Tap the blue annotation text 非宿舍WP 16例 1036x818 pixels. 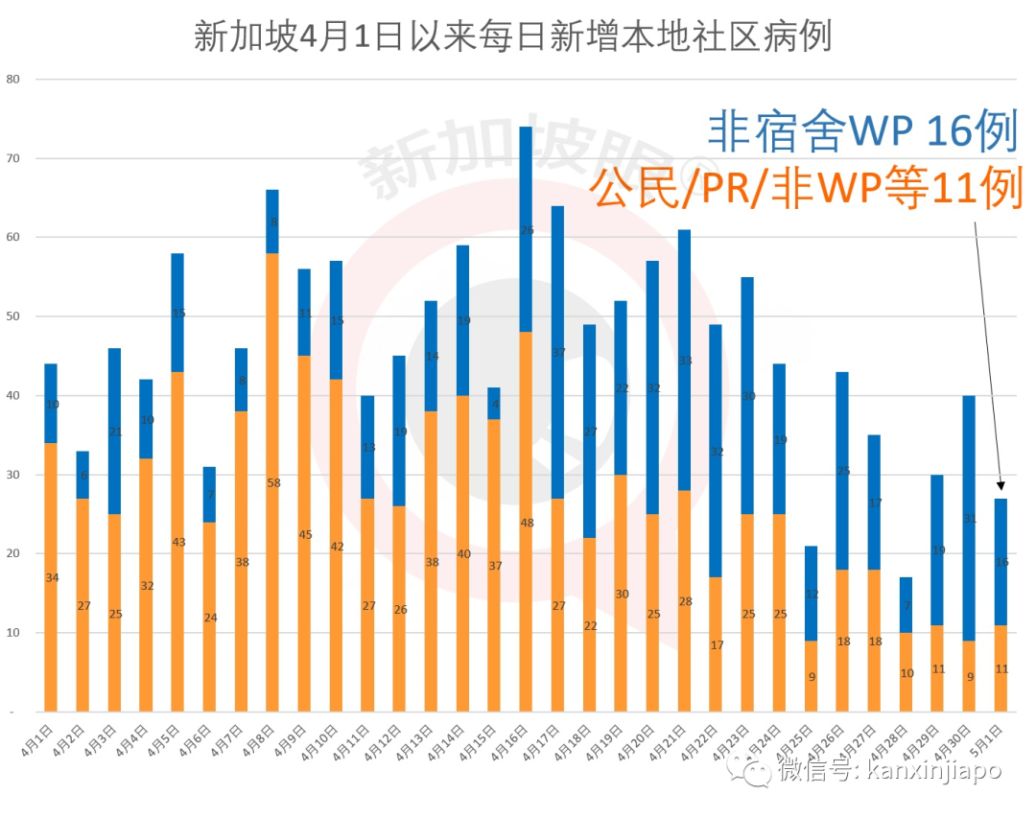[x=861, y=131]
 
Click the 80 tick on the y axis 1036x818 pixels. [x=13, y=79]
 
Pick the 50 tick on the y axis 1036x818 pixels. [x=13, y=316]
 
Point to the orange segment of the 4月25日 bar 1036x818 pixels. [x=811, y=676]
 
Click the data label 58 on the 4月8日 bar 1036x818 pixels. [x=273, y=482]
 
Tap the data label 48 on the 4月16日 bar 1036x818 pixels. [x=526, y=523]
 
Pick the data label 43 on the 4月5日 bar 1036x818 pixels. [x=177, y=542]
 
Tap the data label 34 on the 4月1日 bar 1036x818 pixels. [x=51, y=577]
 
